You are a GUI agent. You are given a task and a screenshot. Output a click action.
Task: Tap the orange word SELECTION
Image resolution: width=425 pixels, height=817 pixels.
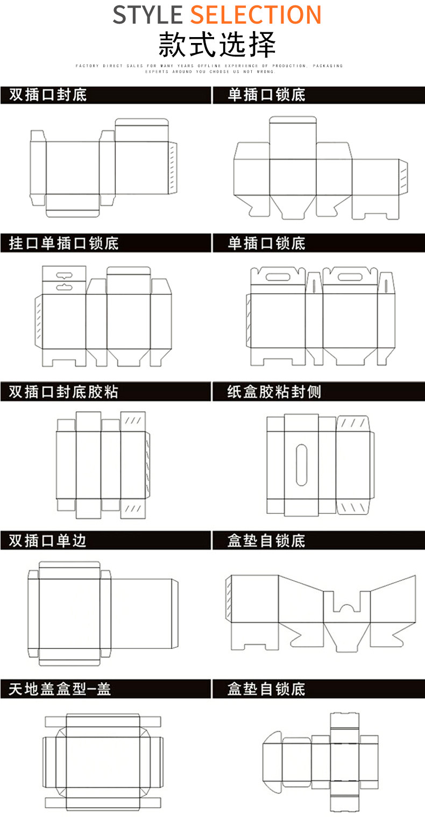click(256, 15)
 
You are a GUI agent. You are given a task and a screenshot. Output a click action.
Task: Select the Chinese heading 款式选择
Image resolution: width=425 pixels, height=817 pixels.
click(217, 45)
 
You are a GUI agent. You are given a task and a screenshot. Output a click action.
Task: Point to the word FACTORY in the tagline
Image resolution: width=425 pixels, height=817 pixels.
click(87, 66)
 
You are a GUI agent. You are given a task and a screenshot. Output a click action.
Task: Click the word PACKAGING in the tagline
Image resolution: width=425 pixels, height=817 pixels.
click(327, 66)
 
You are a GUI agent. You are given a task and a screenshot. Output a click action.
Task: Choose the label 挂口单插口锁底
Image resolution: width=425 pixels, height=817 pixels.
click(63, 243)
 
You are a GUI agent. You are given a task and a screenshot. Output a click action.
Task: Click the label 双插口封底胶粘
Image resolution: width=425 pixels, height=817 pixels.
click(63, 392)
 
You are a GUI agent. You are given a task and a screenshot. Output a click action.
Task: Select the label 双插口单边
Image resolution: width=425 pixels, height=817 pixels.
click(47, 541)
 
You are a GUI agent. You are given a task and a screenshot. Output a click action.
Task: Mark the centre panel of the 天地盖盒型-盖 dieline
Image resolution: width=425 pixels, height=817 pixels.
click(103, 762)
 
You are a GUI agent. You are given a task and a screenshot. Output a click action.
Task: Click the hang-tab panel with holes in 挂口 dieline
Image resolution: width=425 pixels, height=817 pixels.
click(64, 280)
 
